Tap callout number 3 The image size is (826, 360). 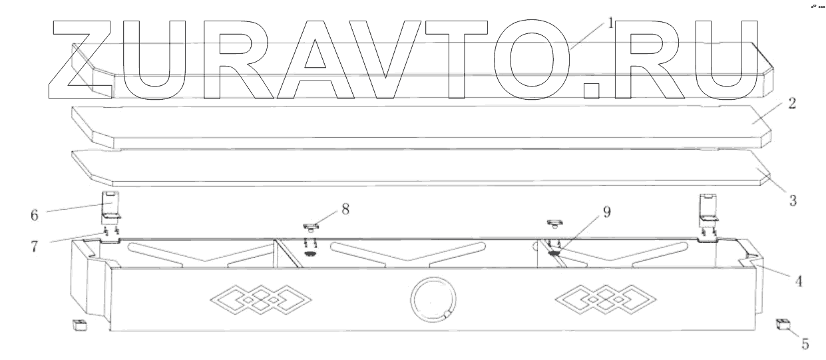pyautogui.click(x=793, y=198)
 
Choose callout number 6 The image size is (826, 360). pyautogui.click(x=35, y=215)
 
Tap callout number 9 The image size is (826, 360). pyautogui.click(x=606, y=213)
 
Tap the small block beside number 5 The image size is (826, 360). pyautogui.click(x=783, y=325)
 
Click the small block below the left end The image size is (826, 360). pyautogui.click(x=79, y=325)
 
